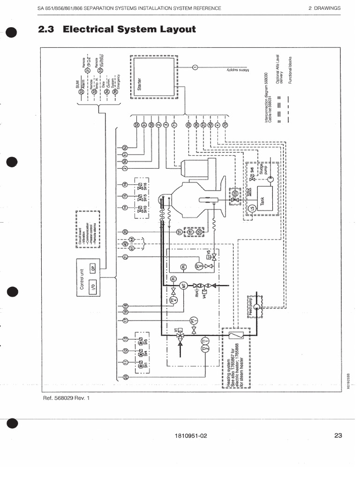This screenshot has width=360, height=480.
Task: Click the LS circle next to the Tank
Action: click(x=251, y=208)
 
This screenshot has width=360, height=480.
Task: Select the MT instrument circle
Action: click(x=184, y=285)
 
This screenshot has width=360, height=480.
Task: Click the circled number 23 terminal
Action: click(x=125, y=378)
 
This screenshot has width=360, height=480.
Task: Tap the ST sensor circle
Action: click(x=179, y=231)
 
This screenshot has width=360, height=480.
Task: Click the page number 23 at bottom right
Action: click(x=338, y=435)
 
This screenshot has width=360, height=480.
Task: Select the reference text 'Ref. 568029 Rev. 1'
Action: click(x=65, y=398)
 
